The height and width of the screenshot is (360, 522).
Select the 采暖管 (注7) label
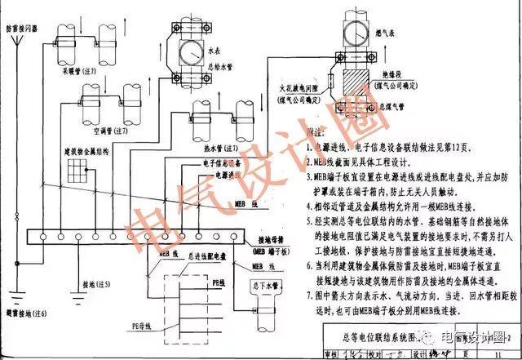(79, 73)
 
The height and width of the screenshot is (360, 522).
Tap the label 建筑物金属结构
(86, 152)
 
